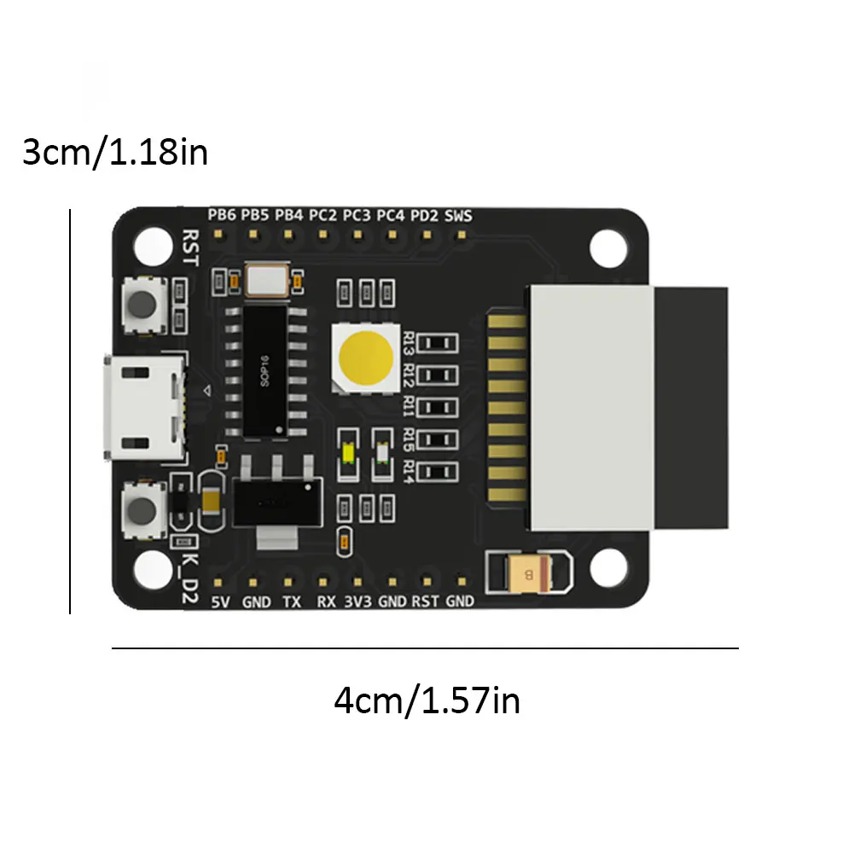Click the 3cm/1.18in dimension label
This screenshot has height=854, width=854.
tap(114, 154)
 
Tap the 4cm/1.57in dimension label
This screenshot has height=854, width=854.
tap(427, 701)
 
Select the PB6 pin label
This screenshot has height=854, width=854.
tap(222, 215)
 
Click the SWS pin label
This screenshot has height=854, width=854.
tap(458, 215)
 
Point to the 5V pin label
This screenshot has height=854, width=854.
tap(220, 601)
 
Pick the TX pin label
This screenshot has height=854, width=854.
tap(292, 601)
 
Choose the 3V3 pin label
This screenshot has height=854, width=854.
tap(357, 601)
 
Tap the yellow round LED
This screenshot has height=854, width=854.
tap(364, 357)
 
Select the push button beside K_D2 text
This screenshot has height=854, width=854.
tap(143, 510)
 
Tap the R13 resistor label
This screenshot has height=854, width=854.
tap(409, 343)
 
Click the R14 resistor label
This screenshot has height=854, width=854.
tap(409, 470)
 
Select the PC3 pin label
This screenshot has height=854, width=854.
tap(356, 215)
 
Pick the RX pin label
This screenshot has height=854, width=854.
tap(326, 601)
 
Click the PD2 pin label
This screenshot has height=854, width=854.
tap(424, 215)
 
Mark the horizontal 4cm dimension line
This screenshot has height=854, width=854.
tap(425, 648)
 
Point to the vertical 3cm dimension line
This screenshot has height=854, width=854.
tap(70, 410)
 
